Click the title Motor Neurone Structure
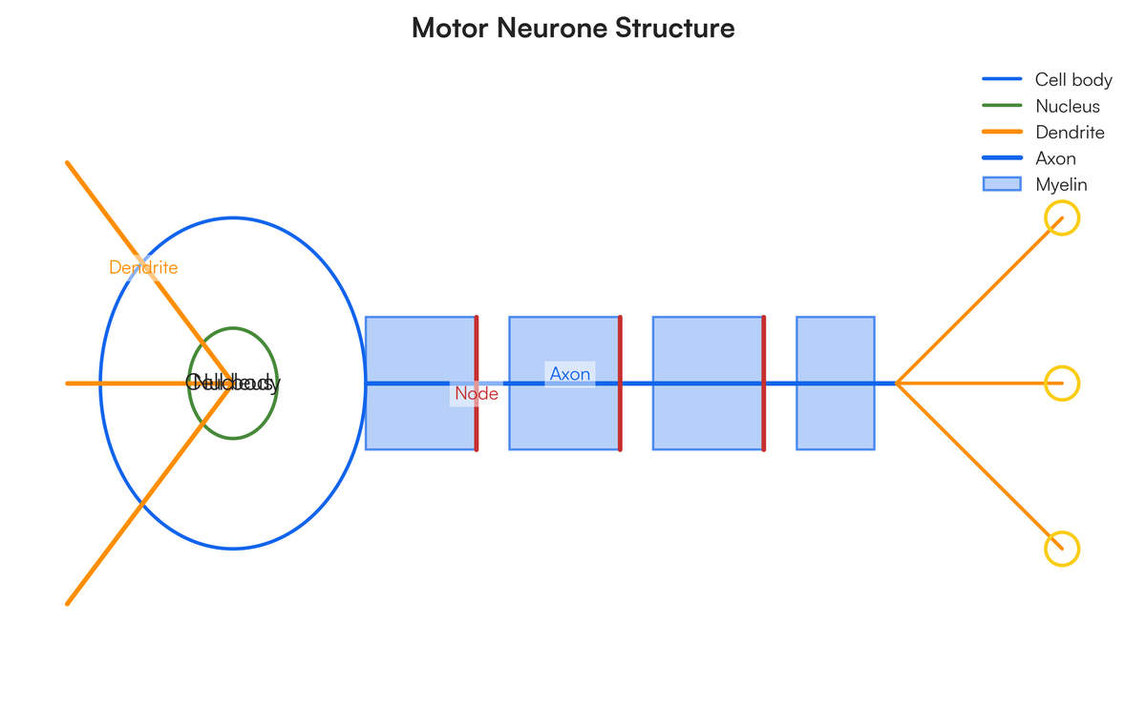[x=573, y=29]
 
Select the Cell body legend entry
[x=1073, y=79]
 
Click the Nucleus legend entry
[x=1067, y=106]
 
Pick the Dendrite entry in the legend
[x=1070, y=133]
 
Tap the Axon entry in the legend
[x=1055, y=158]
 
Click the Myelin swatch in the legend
[x=1002, y=184]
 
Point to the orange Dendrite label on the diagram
[x=143, y=267]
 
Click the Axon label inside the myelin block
[x=570, y=374]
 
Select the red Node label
[x=476, y=393]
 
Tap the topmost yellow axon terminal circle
[x=1062, y=218]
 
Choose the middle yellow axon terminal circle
[x=1062, y=384]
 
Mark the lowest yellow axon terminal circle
[x=1062, y=549]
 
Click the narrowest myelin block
[x=836, y=420]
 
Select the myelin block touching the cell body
[x=420, y=420]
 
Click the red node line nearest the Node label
[x=477, y=343]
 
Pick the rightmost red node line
[x=764, y=343]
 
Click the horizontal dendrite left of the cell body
[x=82, y=384]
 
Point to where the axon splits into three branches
[x=897, y=384]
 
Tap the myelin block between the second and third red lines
[x=708, y=420]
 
